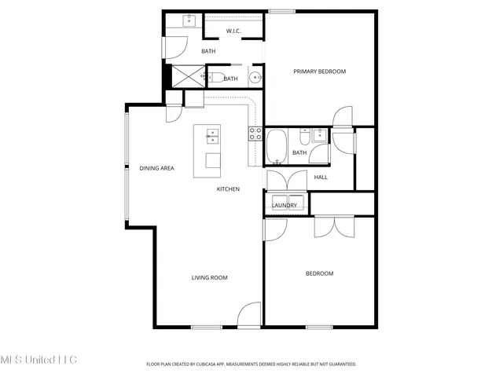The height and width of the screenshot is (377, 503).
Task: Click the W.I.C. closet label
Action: (233, 31)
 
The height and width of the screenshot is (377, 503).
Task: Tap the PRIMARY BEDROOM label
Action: (319, 71)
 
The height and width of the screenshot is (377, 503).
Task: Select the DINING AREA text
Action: (156, 168)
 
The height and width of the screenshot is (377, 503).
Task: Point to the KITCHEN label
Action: (228, 189)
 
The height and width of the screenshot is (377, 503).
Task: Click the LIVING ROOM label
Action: (210, 277)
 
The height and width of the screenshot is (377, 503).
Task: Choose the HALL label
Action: (321, 177)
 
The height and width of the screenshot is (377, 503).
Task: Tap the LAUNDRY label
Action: (285, 206)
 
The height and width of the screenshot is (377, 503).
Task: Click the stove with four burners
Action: (255, 134)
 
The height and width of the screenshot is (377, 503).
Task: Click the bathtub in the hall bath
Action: (276, 145)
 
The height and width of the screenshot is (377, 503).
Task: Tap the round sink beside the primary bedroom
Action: (255, 77)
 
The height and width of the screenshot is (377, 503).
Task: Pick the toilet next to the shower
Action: (214, 77)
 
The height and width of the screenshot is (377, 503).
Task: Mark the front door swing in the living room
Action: (249, 314)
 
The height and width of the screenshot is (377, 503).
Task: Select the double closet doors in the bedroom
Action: (333, 226)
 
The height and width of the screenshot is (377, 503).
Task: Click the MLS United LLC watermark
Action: (38, 360)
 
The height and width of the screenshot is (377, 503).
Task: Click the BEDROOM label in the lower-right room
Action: (319, 273)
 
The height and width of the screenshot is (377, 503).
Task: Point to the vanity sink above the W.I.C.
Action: (189, 20)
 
